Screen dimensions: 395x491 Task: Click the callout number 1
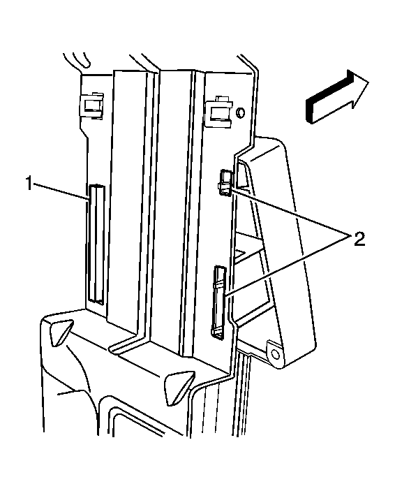[29, 184]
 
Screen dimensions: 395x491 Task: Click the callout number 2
[359, 240]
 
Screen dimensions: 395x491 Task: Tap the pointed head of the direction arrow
[359, 87]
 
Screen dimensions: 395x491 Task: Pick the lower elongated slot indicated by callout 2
[219, 303]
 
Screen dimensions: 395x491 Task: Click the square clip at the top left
[91, 106]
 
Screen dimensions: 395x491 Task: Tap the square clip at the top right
[220, 112]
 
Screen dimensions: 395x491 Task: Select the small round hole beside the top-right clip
[240, 112]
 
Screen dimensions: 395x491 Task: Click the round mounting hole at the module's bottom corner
[275, 354]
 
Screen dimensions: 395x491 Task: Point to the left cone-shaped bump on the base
[61, 332]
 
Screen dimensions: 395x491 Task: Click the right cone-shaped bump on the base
[179, 388]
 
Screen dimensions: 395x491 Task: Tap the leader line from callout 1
[61, 191]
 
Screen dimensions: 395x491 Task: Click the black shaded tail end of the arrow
[309, 110]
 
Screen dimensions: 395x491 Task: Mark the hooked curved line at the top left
[77, 61]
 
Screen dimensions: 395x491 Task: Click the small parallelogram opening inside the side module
[244, 254]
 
